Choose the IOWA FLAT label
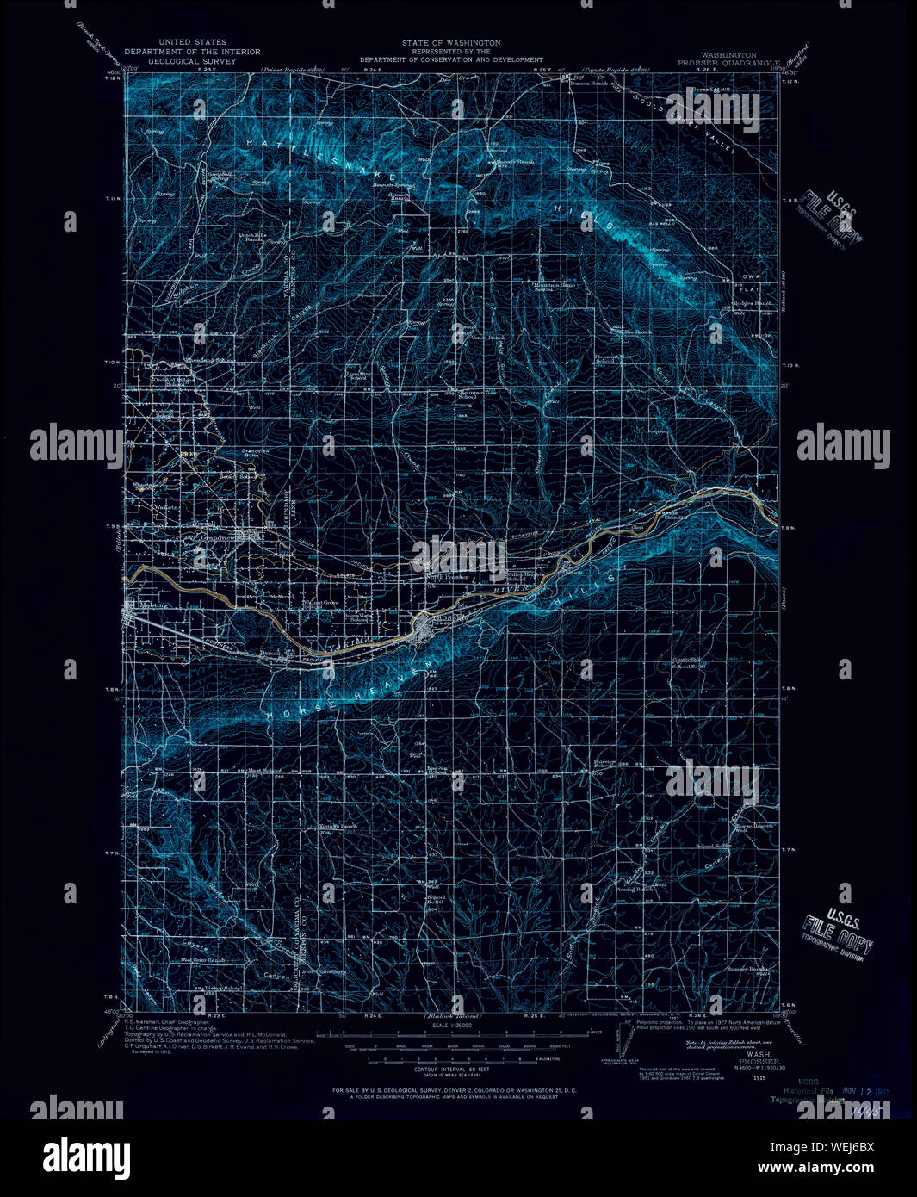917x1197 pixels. (x=748, y=283)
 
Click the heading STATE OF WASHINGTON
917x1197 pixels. (x=450, y=43)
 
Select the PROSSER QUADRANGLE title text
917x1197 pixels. (x=728, y=63)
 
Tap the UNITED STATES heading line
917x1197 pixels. (x=192, y=42)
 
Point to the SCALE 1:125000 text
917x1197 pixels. (x=450, y=1027)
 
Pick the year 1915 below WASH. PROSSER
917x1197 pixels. (x=759, y=1077)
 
